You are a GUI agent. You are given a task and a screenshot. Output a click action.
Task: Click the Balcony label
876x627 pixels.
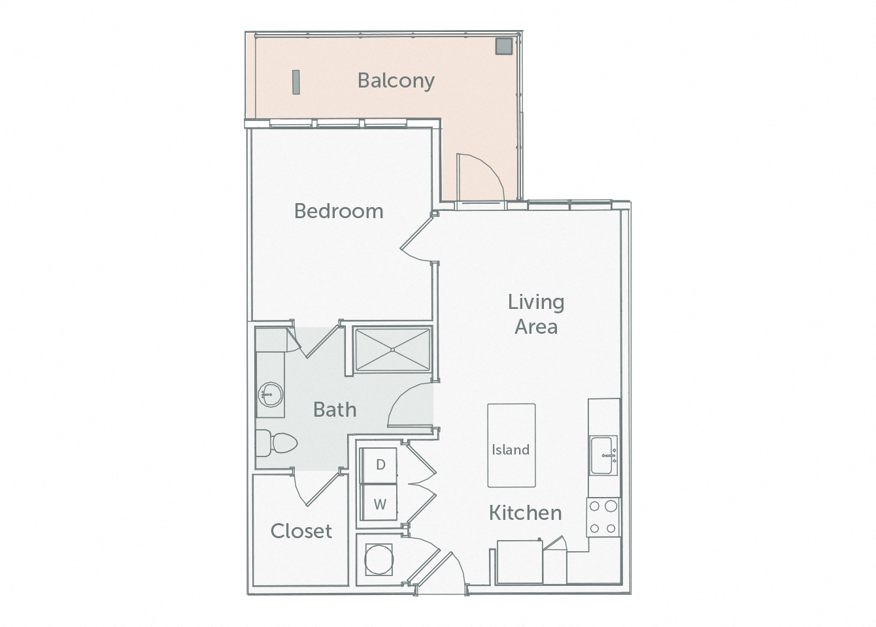point(396,80)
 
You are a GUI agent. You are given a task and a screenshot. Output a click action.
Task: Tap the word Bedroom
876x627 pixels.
point(338,211)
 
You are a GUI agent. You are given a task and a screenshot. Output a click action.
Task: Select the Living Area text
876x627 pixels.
point(536,313)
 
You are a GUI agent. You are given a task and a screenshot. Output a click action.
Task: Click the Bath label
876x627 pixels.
point(335,410)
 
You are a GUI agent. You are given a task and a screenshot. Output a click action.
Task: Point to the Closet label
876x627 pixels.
point(301,531)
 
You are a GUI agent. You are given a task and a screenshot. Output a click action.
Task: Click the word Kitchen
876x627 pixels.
point(525,513)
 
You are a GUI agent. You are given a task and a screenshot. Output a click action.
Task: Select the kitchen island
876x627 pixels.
point(511,445)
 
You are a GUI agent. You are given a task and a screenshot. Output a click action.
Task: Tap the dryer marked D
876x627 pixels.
point(379,464)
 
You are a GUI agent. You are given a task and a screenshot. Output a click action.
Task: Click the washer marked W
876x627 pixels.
point(379,504)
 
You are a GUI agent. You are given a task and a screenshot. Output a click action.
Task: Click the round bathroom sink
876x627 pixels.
point(269,394)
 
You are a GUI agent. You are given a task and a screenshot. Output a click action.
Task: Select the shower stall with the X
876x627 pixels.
point(392,350)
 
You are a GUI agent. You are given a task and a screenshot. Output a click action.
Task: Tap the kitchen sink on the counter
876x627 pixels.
point(603,455)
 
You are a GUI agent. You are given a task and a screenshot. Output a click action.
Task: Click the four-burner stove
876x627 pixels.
point(603,517)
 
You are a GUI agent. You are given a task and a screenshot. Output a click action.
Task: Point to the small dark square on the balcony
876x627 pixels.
point(503,46)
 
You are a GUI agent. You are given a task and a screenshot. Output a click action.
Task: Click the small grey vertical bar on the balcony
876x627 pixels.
point(296,82)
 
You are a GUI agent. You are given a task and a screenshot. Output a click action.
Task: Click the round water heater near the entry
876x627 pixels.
point(379,560)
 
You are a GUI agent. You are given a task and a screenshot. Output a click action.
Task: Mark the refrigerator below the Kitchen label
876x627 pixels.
point(519,561)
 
